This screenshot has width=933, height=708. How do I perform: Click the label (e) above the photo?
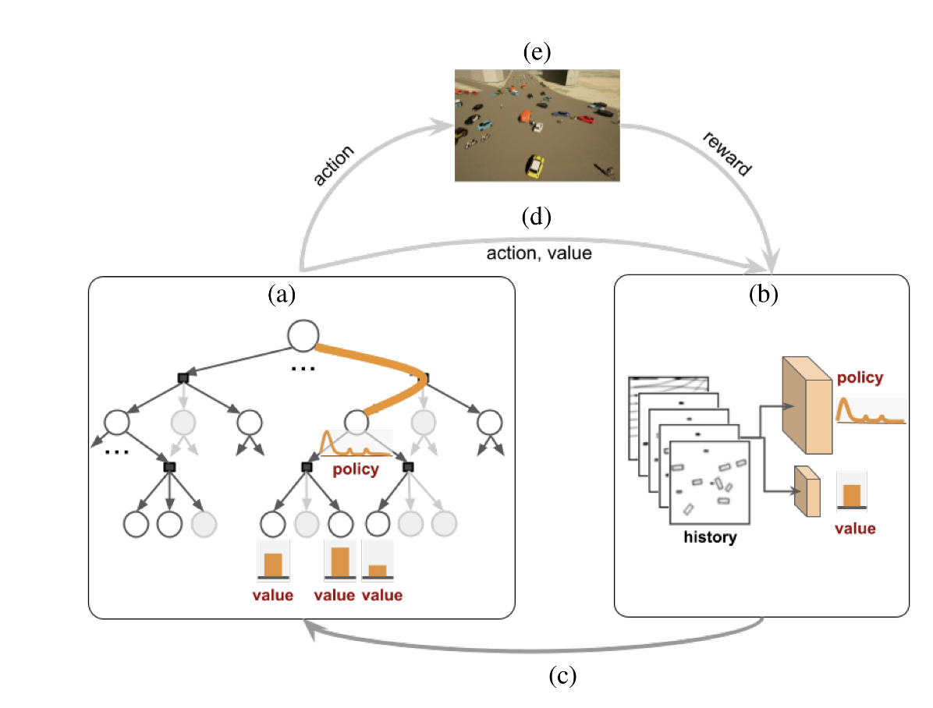tap(537, 52)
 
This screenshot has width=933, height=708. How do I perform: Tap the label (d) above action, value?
tap(536, 217)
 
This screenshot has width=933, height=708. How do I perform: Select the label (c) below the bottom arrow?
tap(562, 676)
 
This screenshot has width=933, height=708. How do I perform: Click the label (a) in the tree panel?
tap(282, 294)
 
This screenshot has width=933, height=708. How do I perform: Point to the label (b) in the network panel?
tap(764, 294)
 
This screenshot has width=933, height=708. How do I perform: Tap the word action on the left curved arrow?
tap(333, 165)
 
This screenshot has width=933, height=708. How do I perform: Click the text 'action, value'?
tap(539, 253)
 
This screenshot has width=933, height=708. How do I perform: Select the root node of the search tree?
tap(303, 335)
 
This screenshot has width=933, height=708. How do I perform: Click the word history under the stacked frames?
tap(710, 537)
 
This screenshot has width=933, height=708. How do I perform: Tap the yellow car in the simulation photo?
tap(534, 166)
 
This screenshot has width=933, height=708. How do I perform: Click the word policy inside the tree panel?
tap(356, 469)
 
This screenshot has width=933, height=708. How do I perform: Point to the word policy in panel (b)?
tap(860, 378)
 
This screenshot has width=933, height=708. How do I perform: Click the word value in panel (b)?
tap(855, 529)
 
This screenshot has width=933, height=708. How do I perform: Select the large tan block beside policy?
tap(807, 405)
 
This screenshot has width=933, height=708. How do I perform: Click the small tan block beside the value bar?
tap(807, 491)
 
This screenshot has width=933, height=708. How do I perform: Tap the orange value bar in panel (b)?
tap(852, 496)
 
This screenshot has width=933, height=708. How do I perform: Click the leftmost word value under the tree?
tap(272, 596)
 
